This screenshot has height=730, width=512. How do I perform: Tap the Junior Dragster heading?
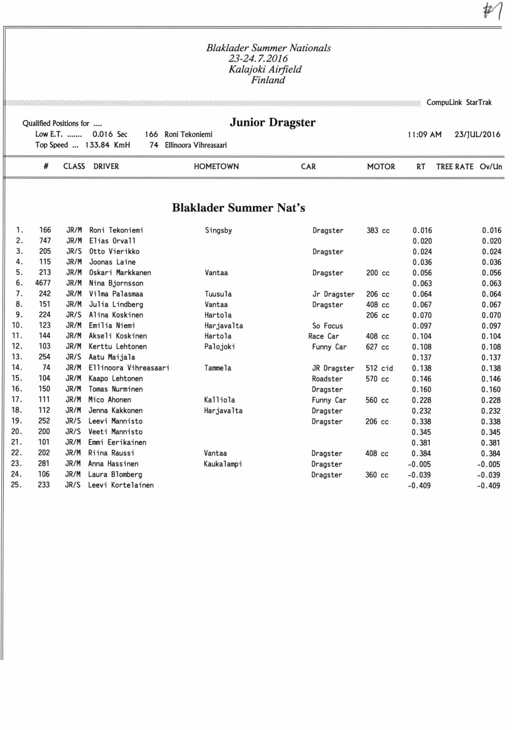(272, 122)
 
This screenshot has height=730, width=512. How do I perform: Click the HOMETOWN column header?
(216, 167)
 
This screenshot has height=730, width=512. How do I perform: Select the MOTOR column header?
(381, 167)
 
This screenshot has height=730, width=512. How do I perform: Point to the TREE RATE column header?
(454, 167)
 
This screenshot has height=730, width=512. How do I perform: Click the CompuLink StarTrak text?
(459, 102)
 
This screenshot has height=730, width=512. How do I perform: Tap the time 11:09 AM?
(424, 135)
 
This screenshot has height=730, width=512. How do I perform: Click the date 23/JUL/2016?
(477, 135)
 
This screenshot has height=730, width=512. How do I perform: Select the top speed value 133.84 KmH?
(107, 145)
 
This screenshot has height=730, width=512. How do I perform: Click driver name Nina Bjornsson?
(116, 283)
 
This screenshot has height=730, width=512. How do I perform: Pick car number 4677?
(43, 283)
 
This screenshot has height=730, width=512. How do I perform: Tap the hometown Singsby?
(218, 230)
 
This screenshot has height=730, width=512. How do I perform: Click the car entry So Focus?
(327, 326)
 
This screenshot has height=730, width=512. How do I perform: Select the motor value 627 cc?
(377, 347)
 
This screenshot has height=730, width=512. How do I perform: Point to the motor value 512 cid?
(379, 368)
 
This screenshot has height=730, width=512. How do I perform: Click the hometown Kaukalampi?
(223, 464)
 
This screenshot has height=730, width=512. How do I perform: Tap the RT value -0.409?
(419, 485)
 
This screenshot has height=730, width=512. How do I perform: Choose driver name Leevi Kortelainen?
(121, 485)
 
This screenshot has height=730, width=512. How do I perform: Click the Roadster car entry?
(327, 379)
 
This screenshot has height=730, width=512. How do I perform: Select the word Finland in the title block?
(268, 80)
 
